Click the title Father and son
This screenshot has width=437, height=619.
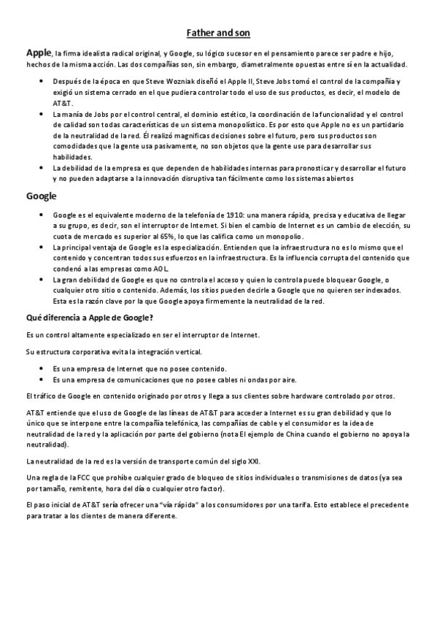click(218, 33)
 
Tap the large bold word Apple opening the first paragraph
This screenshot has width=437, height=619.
click(38, 53)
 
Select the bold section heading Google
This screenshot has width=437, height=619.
click(42, 196)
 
